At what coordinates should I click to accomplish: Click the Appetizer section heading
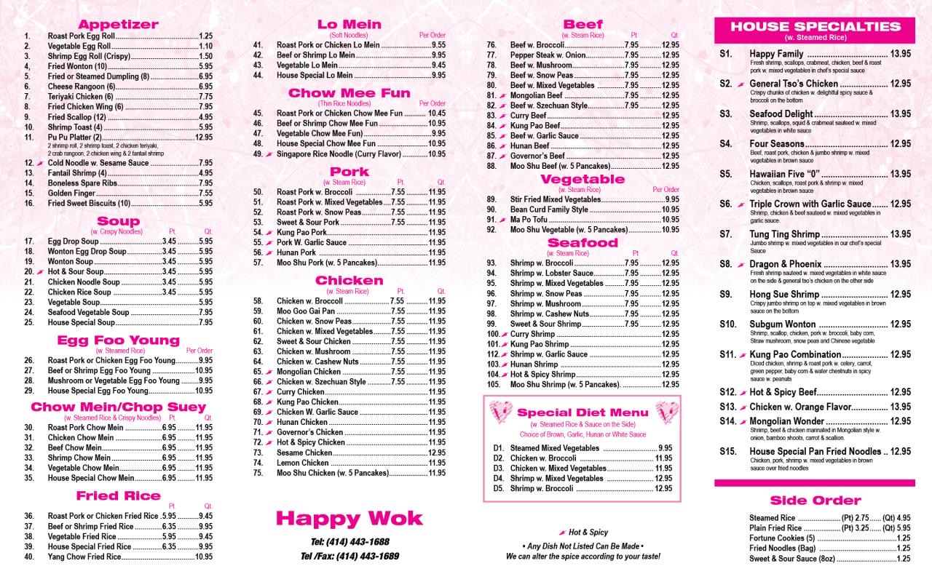[x=118, y=24]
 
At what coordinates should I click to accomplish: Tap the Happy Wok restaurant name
[x=349, y=518]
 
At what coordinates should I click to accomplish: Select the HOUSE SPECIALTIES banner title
[x=815, y=27]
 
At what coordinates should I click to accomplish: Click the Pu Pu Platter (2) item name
[x=75, y=137]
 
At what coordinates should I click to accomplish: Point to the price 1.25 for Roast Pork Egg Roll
[x=205, y=36]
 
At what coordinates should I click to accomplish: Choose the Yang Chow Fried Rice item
[x=84, y=557]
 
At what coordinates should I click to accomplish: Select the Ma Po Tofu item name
[x=529, y=220]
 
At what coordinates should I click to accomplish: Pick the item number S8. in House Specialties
[x=726, y=263]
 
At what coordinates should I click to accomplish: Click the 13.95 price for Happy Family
[x=901, y=54]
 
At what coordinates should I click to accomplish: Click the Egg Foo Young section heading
[x=118, y=340]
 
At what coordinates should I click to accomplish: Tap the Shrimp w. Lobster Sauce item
[x=552, y=273]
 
